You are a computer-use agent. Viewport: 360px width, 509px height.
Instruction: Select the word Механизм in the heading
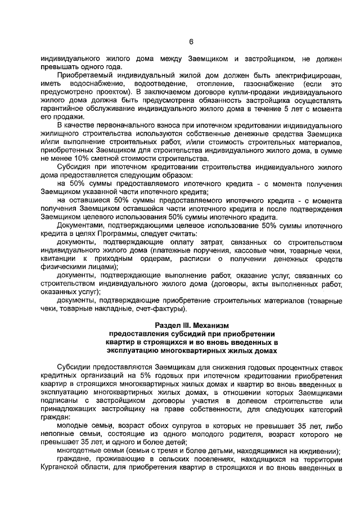(x=211, y=326)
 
